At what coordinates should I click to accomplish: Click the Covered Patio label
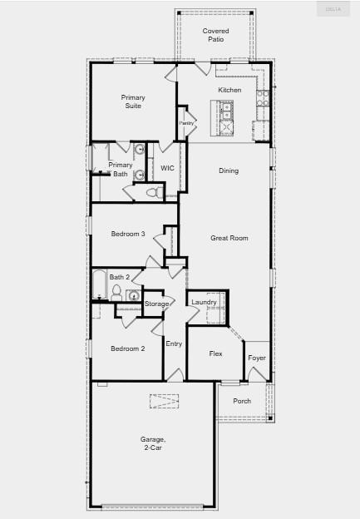pos(215,35)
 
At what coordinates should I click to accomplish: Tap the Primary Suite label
pos(133,101)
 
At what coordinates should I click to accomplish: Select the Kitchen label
pos(229,90)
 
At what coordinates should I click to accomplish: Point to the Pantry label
pos(186,123)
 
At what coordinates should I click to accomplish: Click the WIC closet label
pos(167,168)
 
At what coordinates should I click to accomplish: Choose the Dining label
pos(229,171)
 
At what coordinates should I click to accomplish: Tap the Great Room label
pos(229,238)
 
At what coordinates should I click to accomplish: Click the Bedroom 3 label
pos(129,235)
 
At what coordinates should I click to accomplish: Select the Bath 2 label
pos(119,277)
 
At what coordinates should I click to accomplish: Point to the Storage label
pos(156,304)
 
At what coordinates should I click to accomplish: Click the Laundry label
pos(204,302)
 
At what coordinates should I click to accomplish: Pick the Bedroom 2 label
pos(128,348)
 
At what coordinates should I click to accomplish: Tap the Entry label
pos(174,344)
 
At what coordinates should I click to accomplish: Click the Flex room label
pos(215,353)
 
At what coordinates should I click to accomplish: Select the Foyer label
pos(257,358)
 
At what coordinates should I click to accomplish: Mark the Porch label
pos(242,401)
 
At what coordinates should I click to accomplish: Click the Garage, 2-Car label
pos(152,442)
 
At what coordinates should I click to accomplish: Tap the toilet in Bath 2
pos(116,294)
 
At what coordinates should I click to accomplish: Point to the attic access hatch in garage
pos(164,401)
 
